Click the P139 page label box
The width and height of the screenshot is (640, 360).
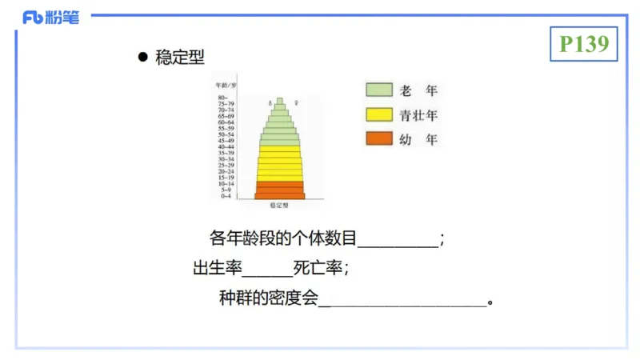pos(584,44)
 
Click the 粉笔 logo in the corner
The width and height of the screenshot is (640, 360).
pos(51,17)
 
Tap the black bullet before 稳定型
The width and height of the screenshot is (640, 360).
pos(143,58)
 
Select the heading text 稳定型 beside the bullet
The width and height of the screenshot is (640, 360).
pos(181,58)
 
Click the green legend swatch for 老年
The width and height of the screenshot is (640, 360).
pos(378,90)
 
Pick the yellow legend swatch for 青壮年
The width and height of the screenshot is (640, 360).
pos(378,114)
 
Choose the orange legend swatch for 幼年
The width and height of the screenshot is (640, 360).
pos(378,138)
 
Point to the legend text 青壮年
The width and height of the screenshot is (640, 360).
pos(418,114)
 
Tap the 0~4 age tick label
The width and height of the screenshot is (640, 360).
pos(226,196)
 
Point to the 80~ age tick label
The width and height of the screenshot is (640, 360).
pos(225,98)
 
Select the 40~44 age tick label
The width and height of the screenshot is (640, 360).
pos(226,146)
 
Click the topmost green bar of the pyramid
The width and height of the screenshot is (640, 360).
pos(279,102)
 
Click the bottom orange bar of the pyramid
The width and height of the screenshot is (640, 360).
pos(279,195)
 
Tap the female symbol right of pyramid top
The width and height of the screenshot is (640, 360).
pos(297,103)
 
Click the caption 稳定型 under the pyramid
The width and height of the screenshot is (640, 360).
pos(279,206)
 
